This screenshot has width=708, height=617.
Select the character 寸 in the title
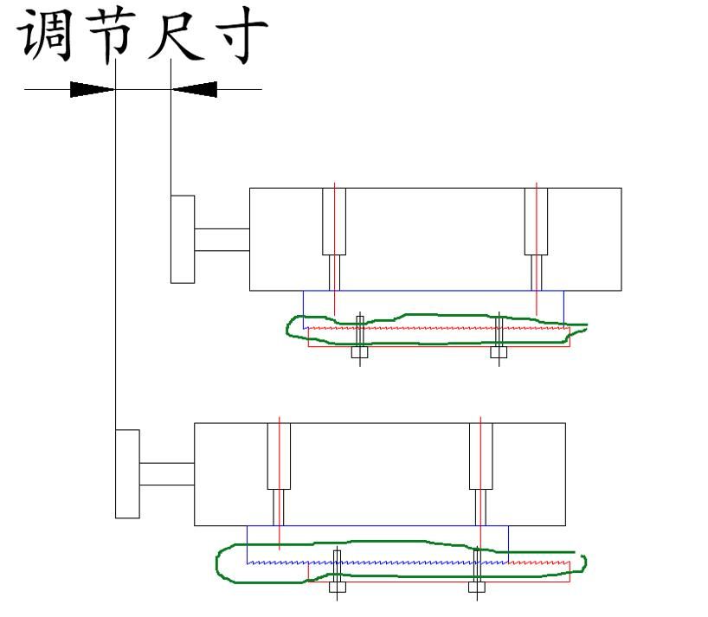237,36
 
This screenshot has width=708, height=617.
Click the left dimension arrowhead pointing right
92,88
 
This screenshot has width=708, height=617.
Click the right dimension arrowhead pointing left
194,88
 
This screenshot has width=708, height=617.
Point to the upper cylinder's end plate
182,238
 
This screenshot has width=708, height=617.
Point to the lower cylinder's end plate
127,473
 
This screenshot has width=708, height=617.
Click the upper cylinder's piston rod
222,239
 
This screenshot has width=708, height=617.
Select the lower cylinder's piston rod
166,474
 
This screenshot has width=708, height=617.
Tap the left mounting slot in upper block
334,221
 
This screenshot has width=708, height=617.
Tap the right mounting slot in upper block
537,221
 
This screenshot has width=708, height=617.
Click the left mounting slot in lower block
279,456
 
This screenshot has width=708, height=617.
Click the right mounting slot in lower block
480,456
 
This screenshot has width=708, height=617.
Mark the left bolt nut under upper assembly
360,352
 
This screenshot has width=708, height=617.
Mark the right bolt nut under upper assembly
499,352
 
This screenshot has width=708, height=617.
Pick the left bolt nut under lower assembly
338,588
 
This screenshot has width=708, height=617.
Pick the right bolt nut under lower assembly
476,588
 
